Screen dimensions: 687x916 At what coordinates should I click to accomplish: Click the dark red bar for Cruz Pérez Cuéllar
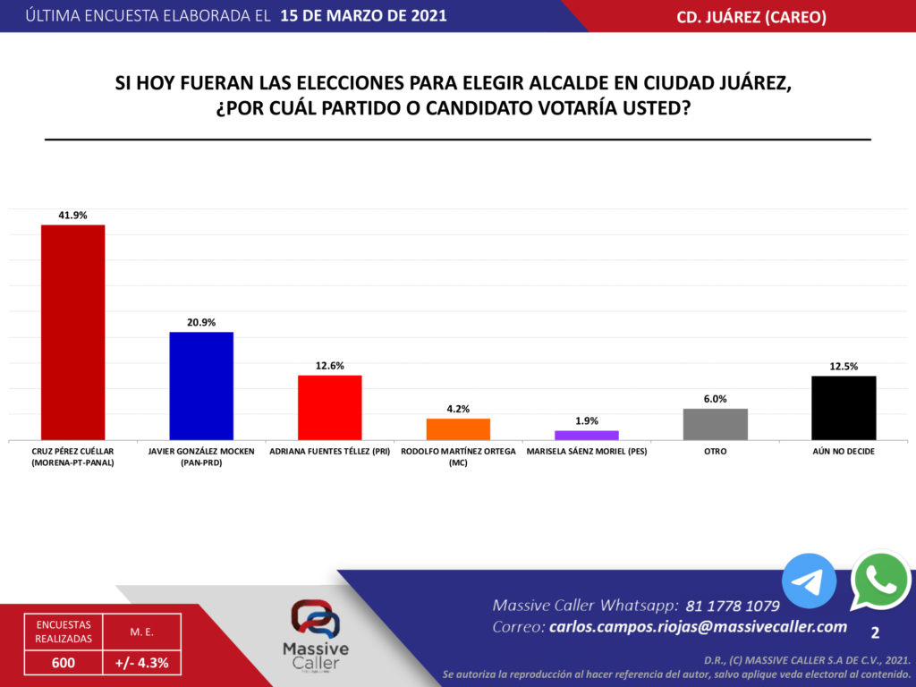point(72,332)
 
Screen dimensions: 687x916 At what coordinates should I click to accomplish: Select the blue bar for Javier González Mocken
point(201,386)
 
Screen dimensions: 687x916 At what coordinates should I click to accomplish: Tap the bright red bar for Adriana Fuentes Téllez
point(329,407)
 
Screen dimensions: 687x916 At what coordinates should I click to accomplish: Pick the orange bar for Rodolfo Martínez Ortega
point(458,428)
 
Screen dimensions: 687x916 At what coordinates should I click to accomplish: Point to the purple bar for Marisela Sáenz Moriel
point(587,435)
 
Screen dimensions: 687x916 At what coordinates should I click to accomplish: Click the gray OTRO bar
point(715,424)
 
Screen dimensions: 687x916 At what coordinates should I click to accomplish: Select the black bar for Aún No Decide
point(844,408)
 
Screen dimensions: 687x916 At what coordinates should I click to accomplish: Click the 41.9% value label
point(72,215)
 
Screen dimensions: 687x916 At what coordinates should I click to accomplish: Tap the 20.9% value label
point(201,322)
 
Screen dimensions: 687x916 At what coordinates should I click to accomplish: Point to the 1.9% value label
point(587,420)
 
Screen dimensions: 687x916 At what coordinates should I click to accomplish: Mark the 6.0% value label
point(715,399)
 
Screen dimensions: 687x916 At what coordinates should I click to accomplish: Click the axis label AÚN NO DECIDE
point(844,452)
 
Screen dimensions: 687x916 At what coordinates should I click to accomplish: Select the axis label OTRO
point(715,452)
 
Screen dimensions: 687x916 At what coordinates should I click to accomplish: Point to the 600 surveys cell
point(63,663)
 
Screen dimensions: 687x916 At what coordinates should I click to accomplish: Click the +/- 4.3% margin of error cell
point(142,663)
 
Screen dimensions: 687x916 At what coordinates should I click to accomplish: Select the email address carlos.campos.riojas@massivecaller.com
point(698,627)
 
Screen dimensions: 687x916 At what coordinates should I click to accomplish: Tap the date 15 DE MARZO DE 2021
point(363,16)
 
